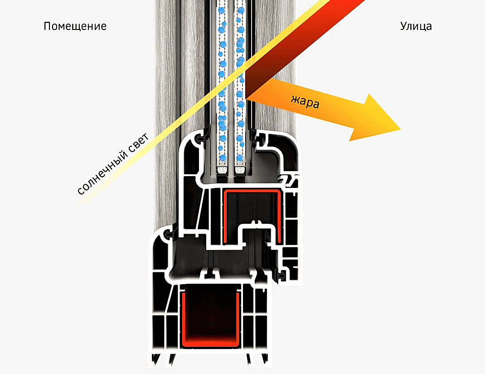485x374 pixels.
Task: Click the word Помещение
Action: click(x=75, y=26)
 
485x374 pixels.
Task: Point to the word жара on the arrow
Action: click(x=305, y=101)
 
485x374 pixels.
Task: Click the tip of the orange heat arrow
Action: click(x=401, y=129)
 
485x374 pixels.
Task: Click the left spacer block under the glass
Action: click(x=223, y=170)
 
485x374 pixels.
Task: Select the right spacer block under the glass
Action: click(x=240, y=170)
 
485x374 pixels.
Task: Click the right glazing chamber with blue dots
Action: click(x=240, y=84)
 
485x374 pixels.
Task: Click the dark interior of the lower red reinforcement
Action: click(x=211, y=316)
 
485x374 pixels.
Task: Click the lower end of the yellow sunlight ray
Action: click(x=78, y=203)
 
